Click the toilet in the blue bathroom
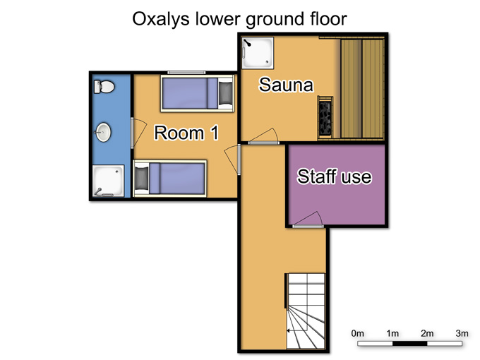coord(104,87)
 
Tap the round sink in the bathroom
coord(103,132)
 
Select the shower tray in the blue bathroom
coord(108,181)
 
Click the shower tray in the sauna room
coord(258,53)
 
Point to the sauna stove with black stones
coord(325,118)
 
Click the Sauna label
coord(286,85)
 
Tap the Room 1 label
coord(186,133)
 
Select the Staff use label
coord(335,176)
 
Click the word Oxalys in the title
coord(161,19)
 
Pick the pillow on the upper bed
coord(226,92)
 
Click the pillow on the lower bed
coord(141,178)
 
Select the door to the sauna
coord(263,137)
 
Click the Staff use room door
coord(308,220)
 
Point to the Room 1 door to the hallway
coord(234,160)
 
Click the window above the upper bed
coord(186,73)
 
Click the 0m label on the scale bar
coord(358,333)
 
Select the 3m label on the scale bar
coord(462,333)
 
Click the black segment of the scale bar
coord(409,344)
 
